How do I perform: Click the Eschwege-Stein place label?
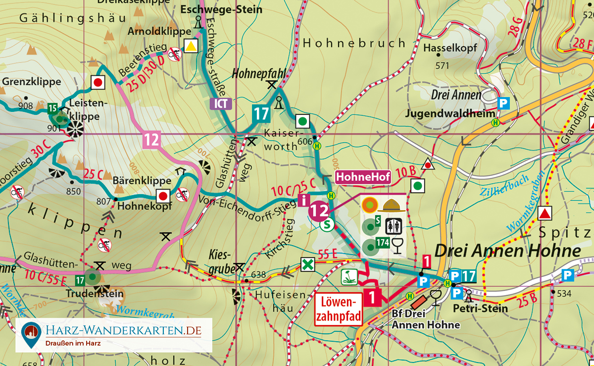click(x=213, y=9)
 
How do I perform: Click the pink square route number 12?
click(x=151, y=140)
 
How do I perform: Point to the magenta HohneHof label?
click(x=363, y=176)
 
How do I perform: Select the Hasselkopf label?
click(x=450, y=48)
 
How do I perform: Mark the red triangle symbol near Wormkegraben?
click(x=545, y=213)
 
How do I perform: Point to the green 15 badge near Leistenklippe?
click(x=52, y=108)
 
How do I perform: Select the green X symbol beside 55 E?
click(x=308, y=264)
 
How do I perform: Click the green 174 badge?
click(x=382, y=244)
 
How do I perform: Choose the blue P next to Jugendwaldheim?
click(x=503, y=104)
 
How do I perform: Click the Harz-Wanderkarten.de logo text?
click(x=123, y=330)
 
